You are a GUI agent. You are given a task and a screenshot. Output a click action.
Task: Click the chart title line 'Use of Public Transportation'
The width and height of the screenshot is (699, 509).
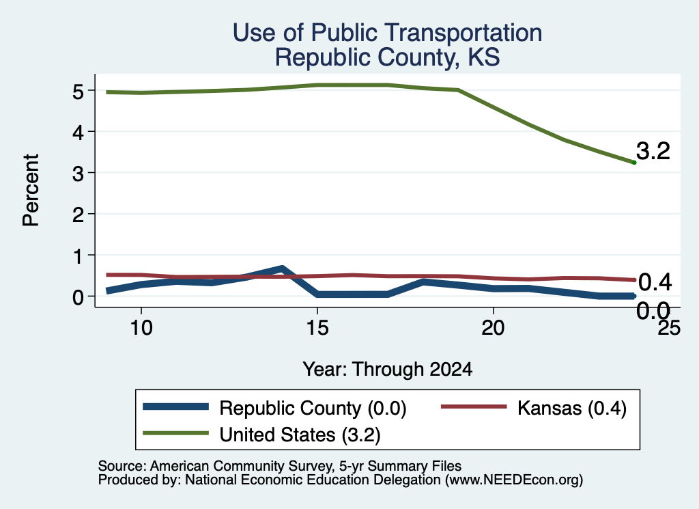point(387,33)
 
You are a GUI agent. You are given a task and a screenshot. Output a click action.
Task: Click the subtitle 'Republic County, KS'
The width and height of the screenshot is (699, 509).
point(387,57)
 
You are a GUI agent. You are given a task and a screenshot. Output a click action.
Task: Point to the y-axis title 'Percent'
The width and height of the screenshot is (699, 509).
point(31,190)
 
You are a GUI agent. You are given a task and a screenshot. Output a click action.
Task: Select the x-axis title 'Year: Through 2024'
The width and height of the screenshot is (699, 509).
point(388,370)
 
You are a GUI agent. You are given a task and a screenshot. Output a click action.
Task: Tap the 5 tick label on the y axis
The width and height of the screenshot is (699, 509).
point(78,92)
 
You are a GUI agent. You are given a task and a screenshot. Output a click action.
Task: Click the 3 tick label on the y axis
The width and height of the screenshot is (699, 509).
point(78,174)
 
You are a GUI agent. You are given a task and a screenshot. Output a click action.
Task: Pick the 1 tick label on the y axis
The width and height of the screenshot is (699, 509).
point(79,256)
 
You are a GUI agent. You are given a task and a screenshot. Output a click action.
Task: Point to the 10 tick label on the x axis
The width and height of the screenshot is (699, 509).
point(141,329)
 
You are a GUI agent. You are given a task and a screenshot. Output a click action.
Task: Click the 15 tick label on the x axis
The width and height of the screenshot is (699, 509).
point(317,329)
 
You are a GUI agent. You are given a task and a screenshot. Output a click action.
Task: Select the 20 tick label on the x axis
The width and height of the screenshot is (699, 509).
point(493,329)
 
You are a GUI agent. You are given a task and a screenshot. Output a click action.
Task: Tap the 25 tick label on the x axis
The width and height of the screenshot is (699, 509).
point(670,329)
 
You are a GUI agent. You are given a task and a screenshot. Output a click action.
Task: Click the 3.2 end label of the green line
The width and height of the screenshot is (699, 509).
point(653,151)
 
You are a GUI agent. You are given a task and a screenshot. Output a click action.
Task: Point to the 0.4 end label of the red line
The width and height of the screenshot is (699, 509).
point(655,282)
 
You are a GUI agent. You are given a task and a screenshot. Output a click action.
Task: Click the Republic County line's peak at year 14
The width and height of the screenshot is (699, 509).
point(282,269)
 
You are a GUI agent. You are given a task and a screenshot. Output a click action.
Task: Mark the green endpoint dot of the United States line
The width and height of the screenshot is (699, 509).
point(634,163)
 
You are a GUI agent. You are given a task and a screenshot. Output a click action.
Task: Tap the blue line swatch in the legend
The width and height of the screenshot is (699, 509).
point(175,407)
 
